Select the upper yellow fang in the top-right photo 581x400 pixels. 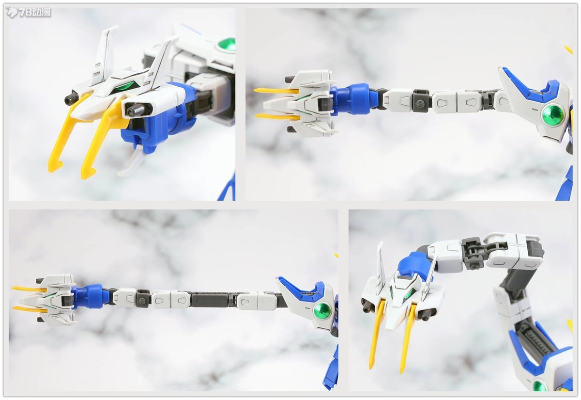276,91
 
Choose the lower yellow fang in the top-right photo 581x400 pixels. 277,117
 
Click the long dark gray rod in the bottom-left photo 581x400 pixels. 212,300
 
